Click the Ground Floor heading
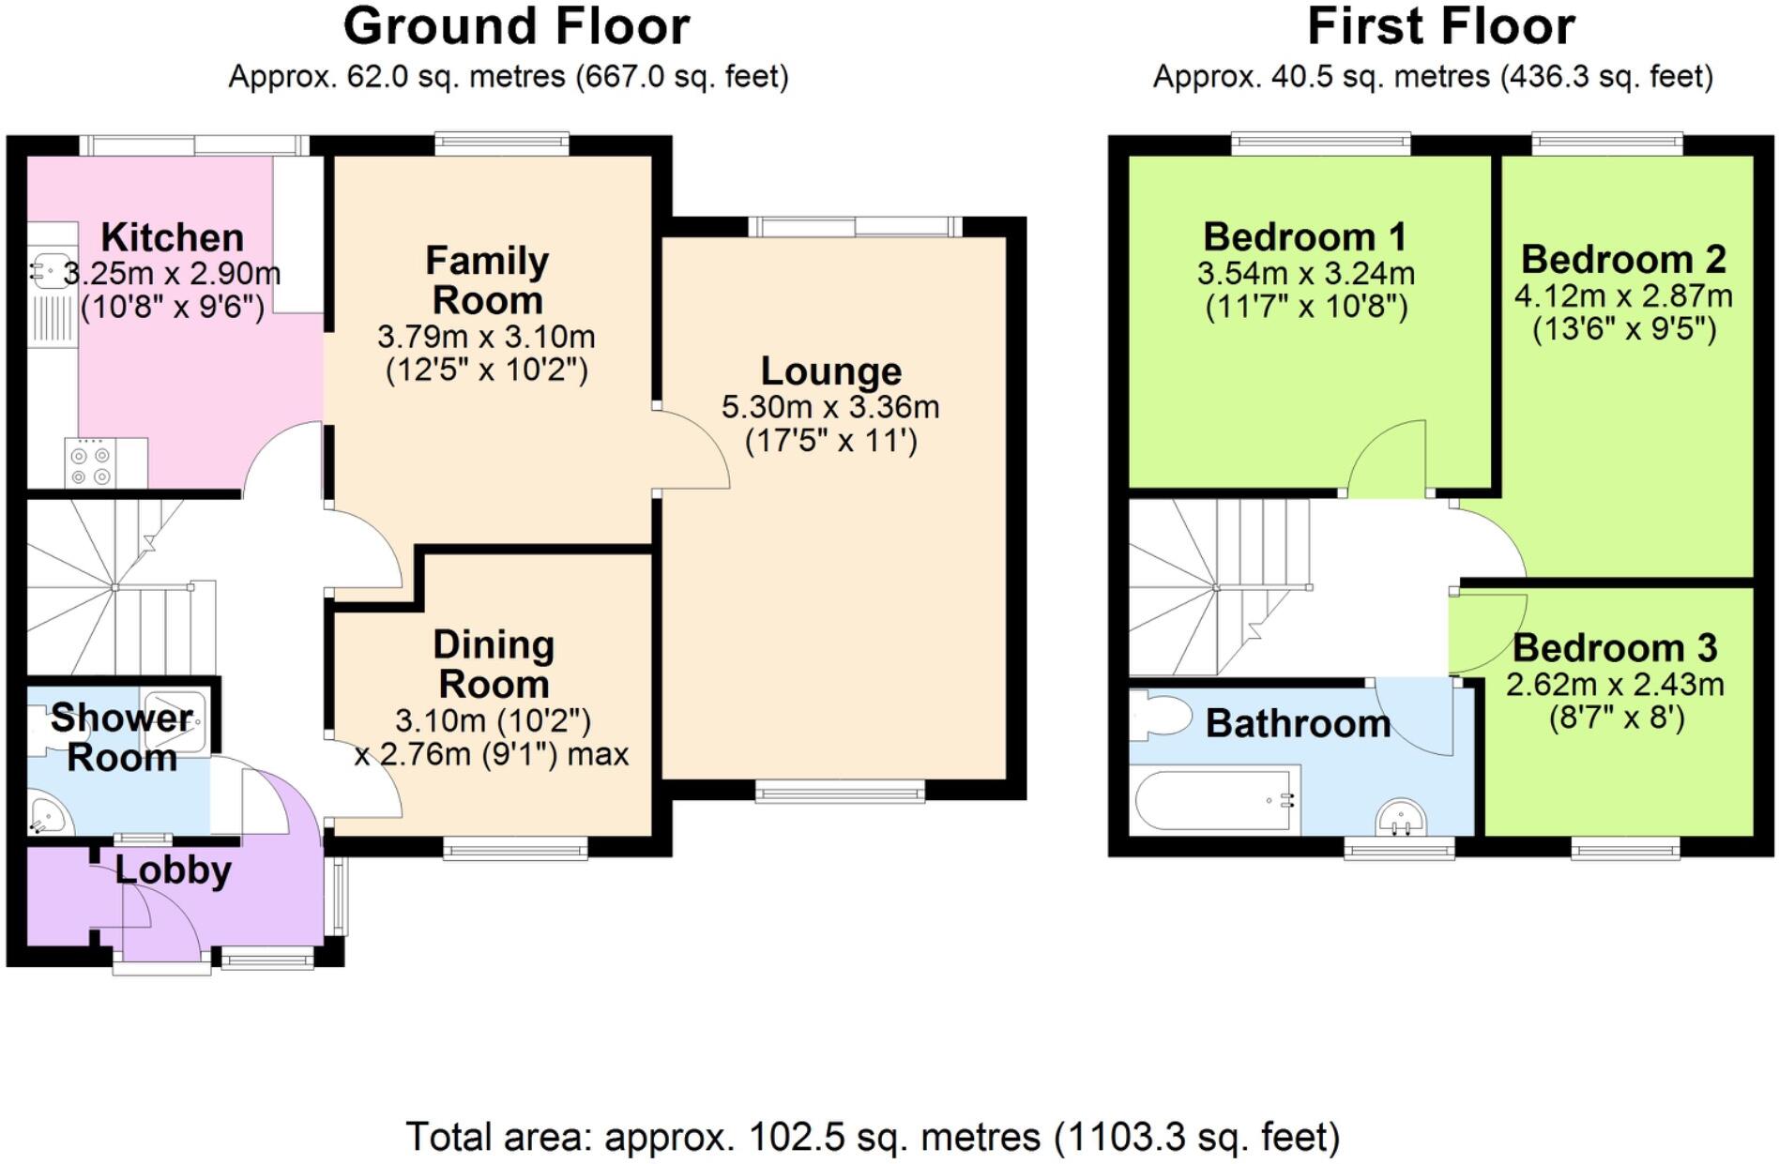click(x=516, y=26)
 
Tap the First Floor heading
click(x=1440, y=26)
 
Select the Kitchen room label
click(x=172, y=237)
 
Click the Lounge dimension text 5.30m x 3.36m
click(x=830, y=407)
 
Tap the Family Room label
click(x=487, y=280)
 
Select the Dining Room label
click(x=494, y=664)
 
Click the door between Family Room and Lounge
click(x=692, y=448)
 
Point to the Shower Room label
click(x=122, y=737)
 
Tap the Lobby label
click(x=173, y=870)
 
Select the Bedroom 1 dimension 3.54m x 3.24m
click(x=1305, y=274)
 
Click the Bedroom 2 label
click(x=1623, y=259)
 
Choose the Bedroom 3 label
click(x=1614, y=647)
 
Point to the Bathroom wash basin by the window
click(x=1402, y=819)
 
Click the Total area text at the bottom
click(x=873, y=1137)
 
